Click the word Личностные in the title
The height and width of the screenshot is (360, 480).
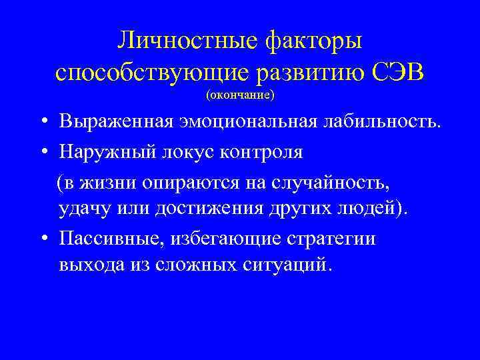pos(187,42)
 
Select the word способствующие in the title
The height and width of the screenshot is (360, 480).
pos(146,72)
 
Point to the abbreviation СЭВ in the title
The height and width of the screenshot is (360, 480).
pos(395,71)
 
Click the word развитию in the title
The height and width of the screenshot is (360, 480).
pos(301,72)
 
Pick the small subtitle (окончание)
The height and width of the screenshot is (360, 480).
pos(240,95)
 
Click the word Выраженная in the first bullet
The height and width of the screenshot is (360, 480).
pos(116,123)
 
